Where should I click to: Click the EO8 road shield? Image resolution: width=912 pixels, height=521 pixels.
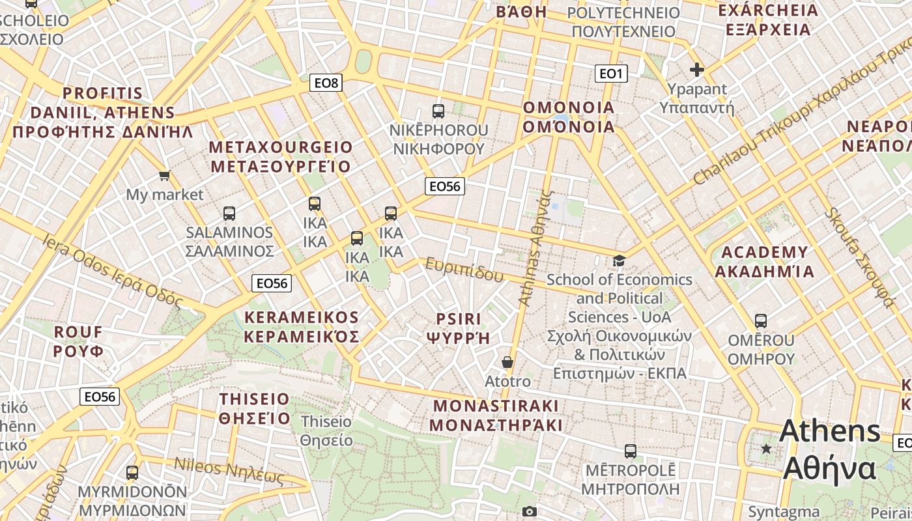326,83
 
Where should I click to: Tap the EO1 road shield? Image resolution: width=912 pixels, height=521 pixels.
611,74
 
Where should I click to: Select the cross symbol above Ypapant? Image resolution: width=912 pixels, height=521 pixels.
697,70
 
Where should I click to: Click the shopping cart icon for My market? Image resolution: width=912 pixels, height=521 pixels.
164,175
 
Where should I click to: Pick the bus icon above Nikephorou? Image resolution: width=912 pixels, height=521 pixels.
438,111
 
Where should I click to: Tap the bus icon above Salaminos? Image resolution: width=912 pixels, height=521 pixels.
229,213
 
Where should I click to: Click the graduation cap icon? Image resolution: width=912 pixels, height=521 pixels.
618,261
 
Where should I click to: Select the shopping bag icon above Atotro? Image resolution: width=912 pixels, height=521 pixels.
507,362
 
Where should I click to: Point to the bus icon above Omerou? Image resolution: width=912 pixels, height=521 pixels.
761,321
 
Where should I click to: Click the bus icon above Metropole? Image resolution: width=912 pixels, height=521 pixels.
630,451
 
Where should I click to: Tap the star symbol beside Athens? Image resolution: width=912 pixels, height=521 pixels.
767,449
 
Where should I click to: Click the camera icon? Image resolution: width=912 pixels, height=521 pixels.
530,512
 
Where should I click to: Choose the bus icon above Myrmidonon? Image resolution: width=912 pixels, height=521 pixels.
132,473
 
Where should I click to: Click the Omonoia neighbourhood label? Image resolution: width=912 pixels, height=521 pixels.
569,117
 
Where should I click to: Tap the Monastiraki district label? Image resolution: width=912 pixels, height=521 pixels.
496,415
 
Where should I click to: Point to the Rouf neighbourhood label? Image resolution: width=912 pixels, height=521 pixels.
78,341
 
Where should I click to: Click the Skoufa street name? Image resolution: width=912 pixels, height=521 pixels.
859,257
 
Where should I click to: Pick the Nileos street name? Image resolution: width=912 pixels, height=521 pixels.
229,472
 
